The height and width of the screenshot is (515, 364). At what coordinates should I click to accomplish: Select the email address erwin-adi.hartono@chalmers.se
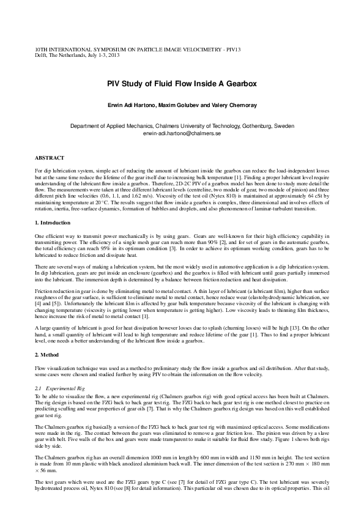point(182,133)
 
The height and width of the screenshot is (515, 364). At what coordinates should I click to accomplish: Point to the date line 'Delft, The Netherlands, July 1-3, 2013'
point(76,54)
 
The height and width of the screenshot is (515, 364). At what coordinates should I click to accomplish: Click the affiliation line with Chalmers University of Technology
point(182,125)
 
